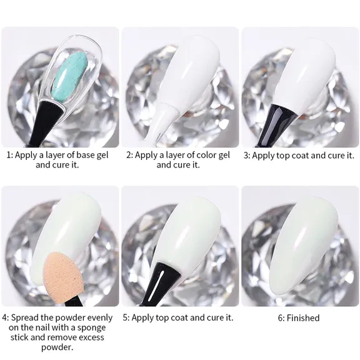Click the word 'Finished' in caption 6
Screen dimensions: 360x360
[x=303, y=317]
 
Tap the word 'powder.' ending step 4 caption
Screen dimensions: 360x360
[x=60, y=347]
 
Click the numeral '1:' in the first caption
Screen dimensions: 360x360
[x=10, y=155]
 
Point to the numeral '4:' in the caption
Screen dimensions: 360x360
[x=7, y=317]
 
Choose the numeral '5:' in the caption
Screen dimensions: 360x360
[x=127, y=317]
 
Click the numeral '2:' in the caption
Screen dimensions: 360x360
[x=129, y=155]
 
